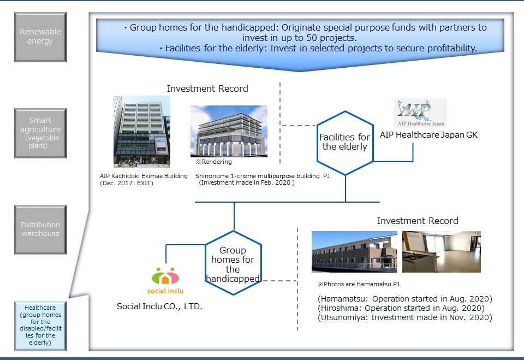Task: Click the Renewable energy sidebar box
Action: [40, 37]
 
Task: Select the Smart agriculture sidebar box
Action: [40, 133]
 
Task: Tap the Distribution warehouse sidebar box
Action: [40, 229]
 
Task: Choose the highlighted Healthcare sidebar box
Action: [40, 326]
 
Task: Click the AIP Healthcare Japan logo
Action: [420, 113]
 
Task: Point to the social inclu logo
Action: [165, 281]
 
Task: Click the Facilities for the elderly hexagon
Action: [345, 143]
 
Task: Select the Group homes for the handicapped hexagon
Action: [233, 263]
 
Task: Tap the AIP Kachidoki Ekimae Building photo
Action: [142, 132]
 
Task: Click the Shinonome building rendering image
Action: [229, 131]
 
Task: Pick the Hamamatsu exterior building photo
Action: [354, 252]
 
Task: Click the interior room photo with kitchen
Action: [442, 252]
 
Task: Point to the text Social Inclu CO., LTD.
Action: [159, 306]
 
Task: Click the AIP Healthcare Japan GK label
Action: [429, 135]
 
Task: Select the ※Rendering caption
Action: [214, 162]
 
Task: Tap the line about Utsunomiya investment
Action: [405, 317]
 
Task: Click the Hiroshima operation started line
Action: [401, 308]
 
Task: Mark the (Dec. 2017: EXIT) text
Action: [126, 183]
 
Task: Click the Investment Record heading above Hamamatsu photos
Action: [418, 221]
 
